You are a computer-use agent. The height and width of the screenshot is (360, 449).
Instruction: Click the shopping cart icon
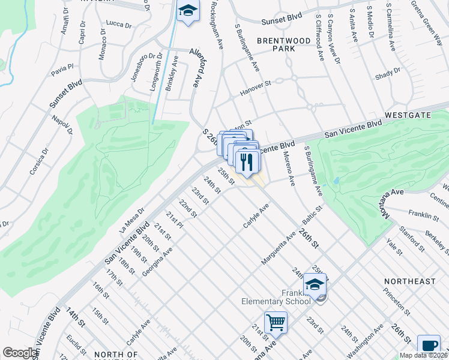tap(276, 322)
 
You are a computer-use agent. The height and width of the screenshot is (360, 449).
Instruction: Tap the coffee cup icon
tap(429, 345)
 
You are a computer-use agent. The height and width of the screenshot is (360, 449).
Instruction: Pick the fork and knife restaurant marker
tap(247, 161)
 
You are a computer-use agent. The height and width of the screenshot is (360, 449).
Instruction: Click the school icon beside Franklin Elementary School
tap(315, 284)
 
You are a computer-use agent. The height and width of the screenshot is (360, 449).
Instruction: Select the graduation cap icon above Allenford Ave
tap(188, 11)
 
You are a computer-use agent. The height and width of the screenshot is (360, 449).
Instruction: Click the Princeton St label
tap(398, 304)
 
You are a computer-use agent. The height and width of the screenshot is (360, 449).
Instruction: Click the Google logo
tap(19, 353)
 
